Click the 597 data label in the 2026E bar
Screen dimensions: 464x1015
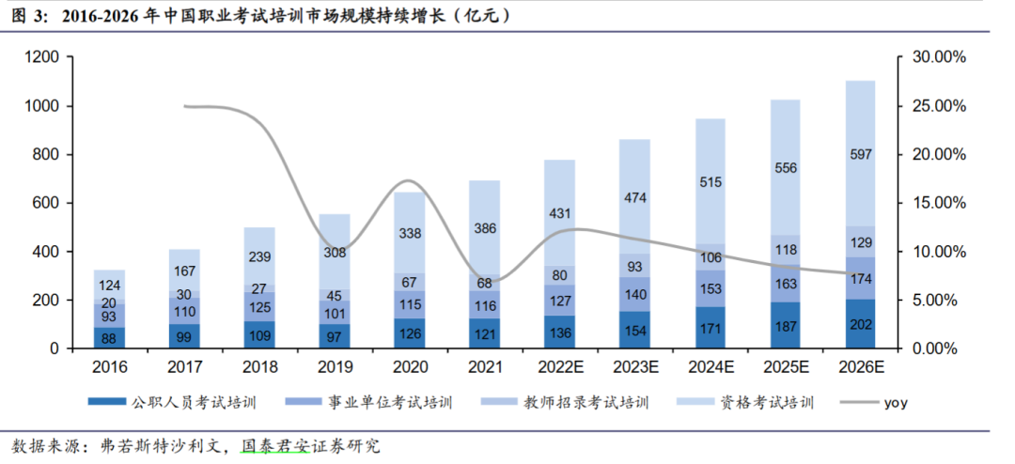(x=860, y=154)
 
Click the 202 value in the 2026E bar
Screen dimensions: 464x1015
(x=860, y=325)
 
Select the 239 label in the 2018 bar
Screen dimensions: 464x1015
(x=259, y=256)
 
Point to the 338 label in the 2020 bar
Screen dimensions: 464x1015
(x=410, y=233)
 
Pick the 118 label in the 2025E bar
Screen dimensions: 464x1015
(x=786, y=250)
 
